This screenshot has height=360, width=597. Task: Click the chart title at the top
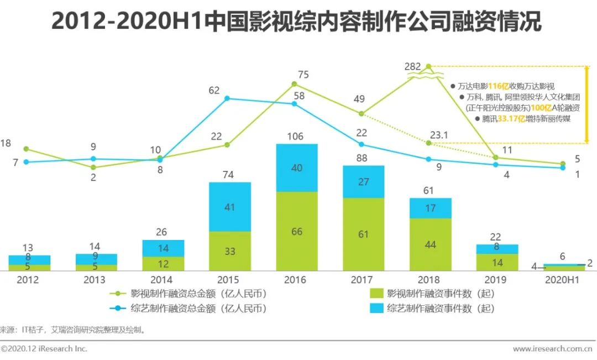pos(296,22)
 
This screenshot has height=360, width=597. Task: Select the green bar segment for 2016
pos(297,231)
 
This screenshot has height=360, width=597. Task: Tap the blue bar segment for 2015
pos(230,207)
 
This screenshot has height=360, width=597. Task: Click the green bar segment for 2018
pos(431,244)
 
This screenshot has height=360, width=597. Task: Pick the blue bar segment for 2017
pos(364,181)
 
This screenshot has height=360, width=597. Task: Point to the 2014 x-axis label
pos(161,280)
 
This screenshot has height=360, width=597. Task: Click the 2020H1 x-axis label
pos(562,280)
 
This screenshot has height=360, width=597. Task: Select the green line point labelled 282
pos(428,66)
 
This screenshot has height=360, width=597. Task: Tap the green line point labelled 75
pos(294,84)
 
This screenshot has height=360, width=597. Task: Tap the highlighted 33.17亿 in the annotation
pos(512,118)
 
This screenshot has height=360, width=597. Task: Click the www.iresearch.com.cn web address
pos(552,349)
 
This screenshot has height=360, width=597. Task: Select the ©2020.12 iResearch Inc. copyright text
pos(44,349)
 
